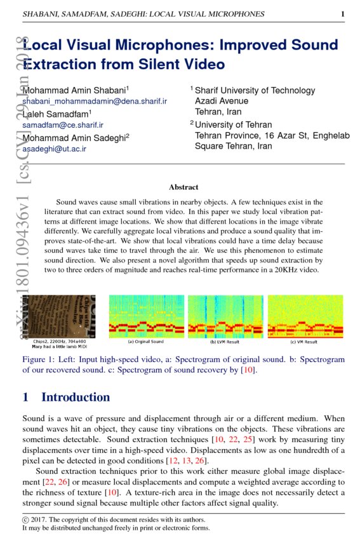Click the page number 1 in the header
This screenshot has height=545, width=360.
click(x=342, y=13)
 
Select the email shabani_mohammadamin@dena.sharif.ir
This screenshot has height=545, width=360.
click(x=95, y=102)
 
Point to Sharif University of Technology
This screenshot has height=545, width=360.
click(x=255, y=91)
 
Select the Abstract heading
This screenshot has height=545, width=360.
click(x=183, y=187)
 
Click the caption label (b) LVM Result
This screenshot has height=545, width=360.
click(x=225, y=342)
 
